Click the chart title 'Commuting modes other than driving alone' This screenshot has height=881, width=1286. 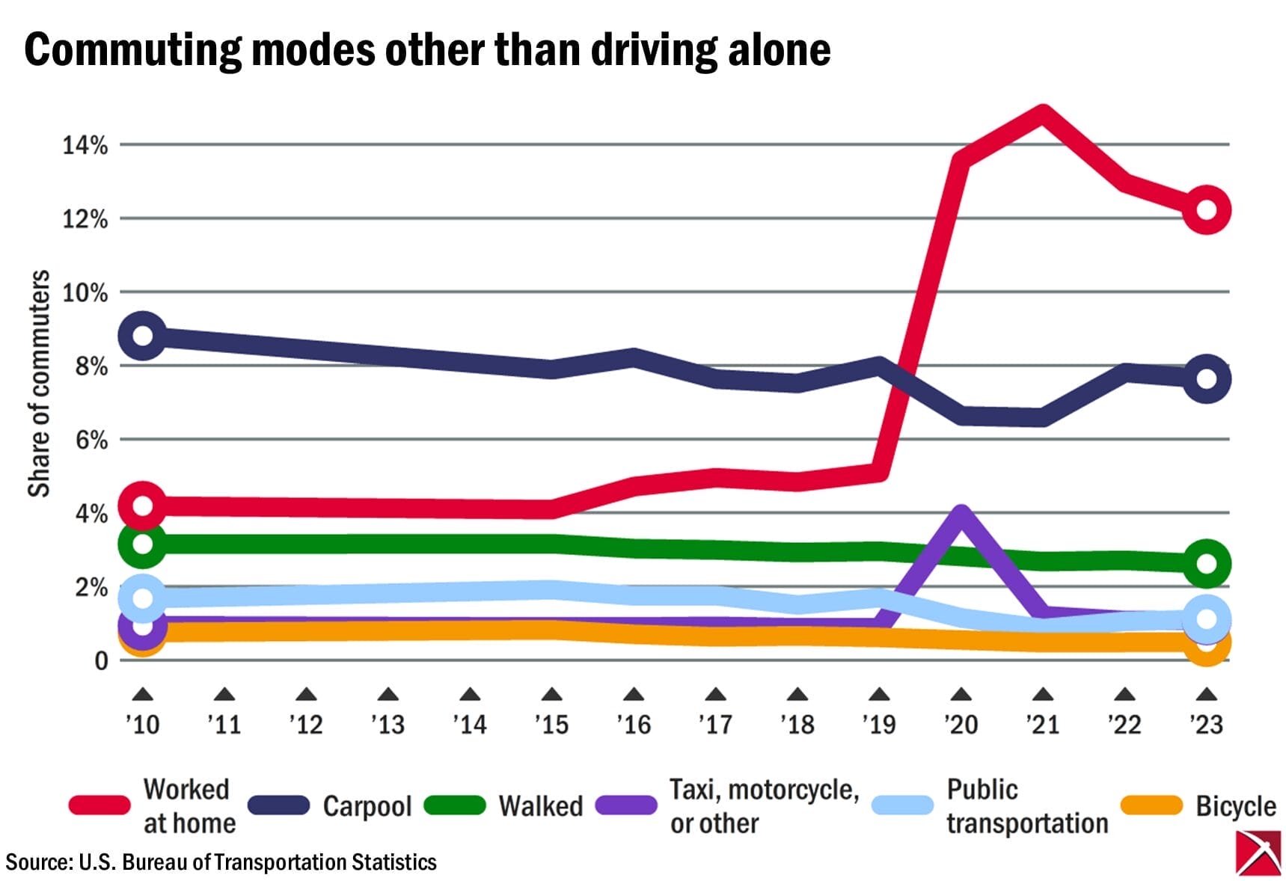427,49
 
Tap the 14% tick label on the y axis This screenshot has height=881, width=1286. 85,144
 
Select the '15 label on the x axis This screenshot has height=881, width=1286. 551,724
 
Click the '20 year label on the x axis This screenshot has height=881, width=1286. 961,724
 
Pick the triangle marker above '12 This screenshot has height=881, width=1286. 306,696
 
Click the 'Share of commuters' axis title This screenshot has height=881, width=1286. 39,383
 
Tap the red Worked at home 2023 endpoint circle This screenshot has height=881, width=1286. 1206,210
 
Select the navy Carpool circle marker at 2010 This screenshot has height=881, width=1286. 142,336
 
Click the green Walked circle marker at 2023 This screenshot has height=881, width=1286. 1206,563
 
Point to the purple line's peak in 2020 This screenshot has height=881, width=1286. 961,515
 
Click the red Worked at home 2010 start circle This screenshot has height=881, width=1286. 142,506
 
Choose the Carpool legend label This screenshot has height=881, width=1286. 367,806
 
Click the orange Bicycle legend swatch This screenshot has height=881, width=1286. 1151,805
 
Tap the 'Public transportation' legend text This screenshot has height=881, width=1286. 1026,806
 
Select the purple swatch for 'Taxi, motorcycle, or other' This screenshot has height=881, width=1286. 626,805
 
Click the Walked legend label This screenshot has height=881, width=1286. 540,806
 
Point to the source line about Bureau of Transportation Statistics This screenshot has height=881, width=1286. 221,862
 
